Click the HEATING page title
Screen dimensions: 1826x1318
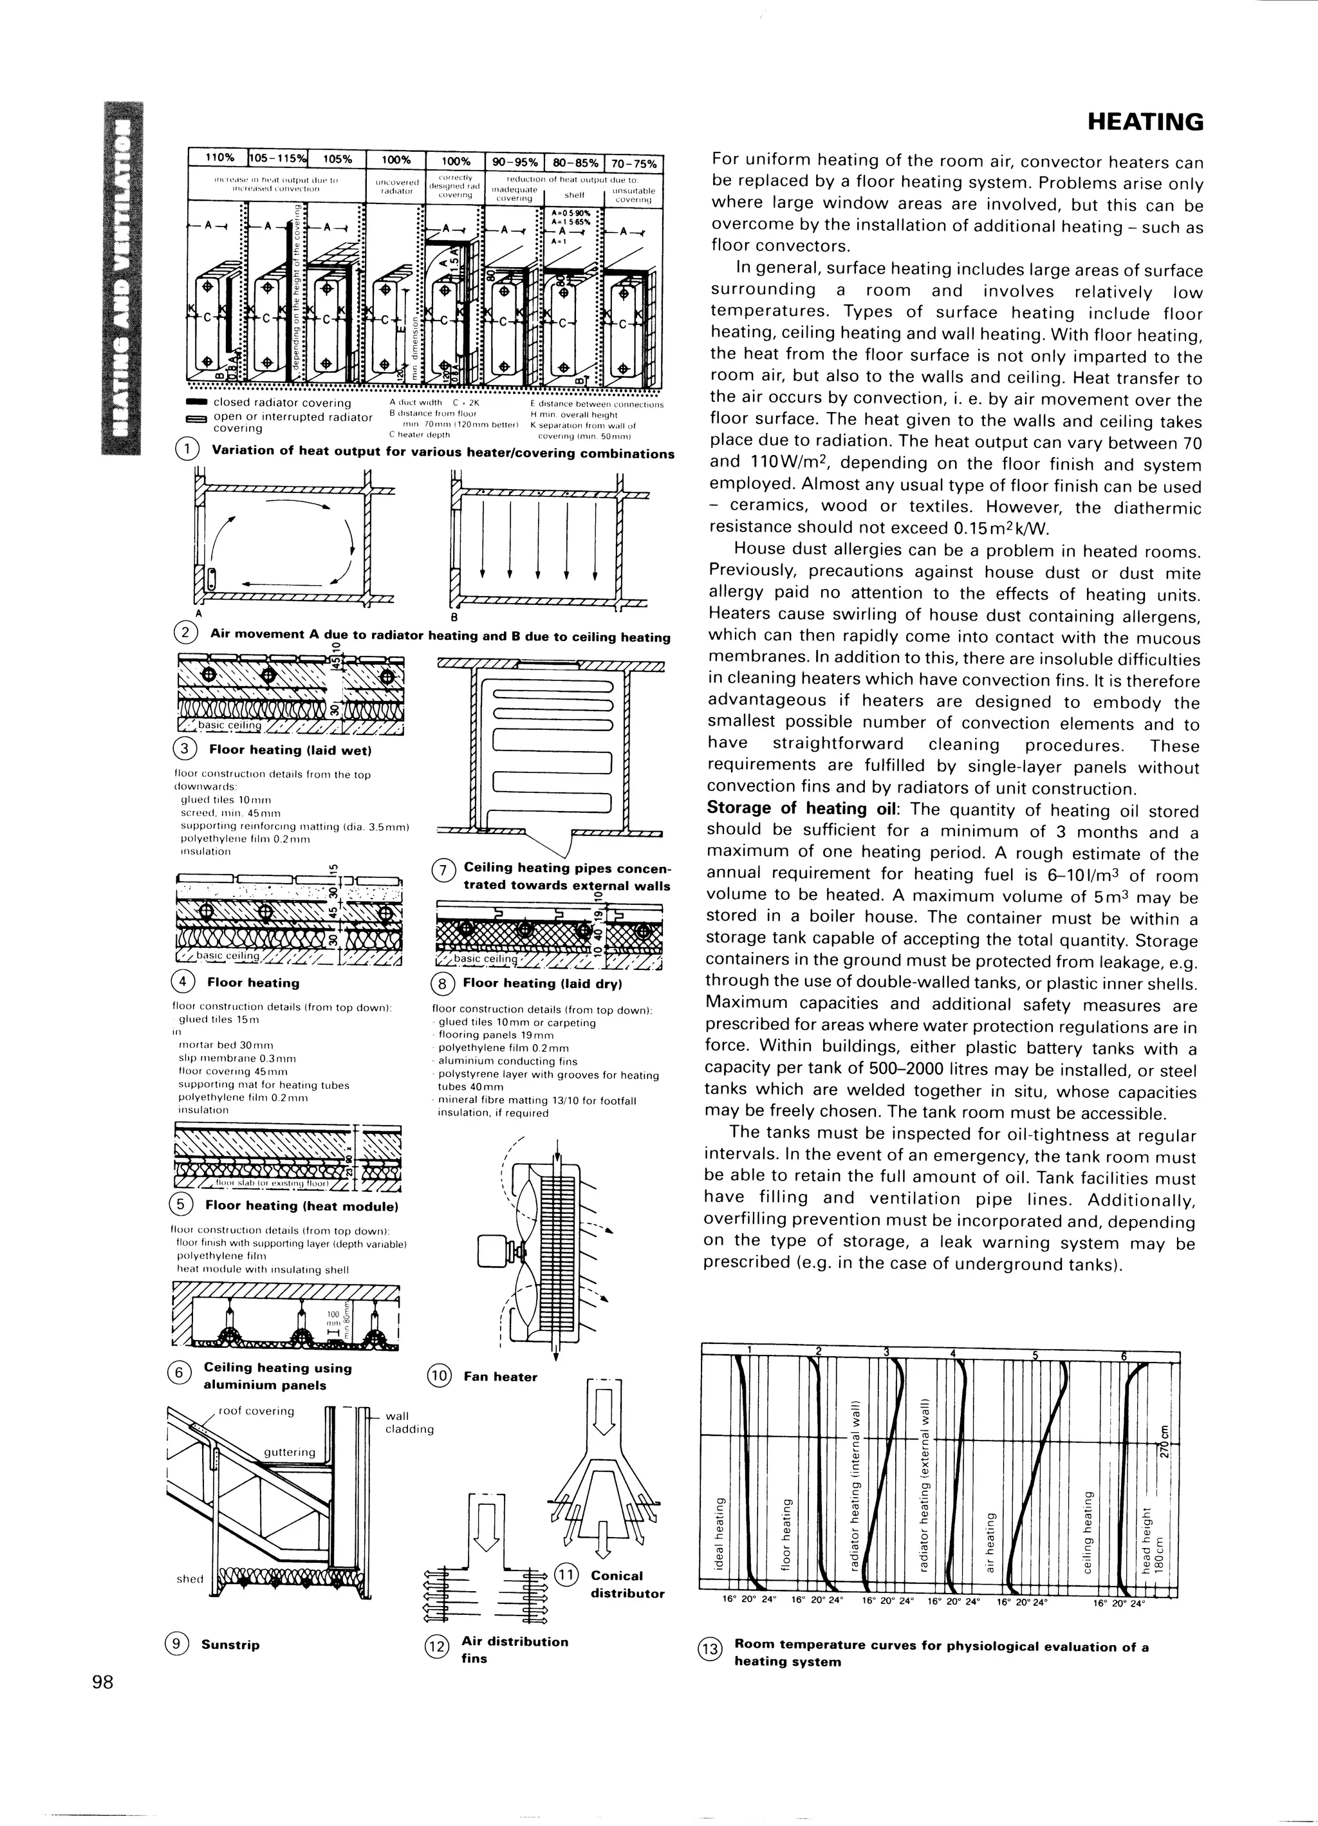coord(1145,122)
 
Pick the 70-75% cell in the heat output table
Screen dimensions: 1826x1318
coord(634,163)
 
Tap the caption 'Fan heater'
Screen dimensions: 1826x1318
coord(500,1377)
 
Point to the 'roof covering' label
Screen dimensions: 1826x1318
coord(256,1411)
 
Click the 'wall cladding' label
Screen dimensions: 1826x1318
coord(409,1422)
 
